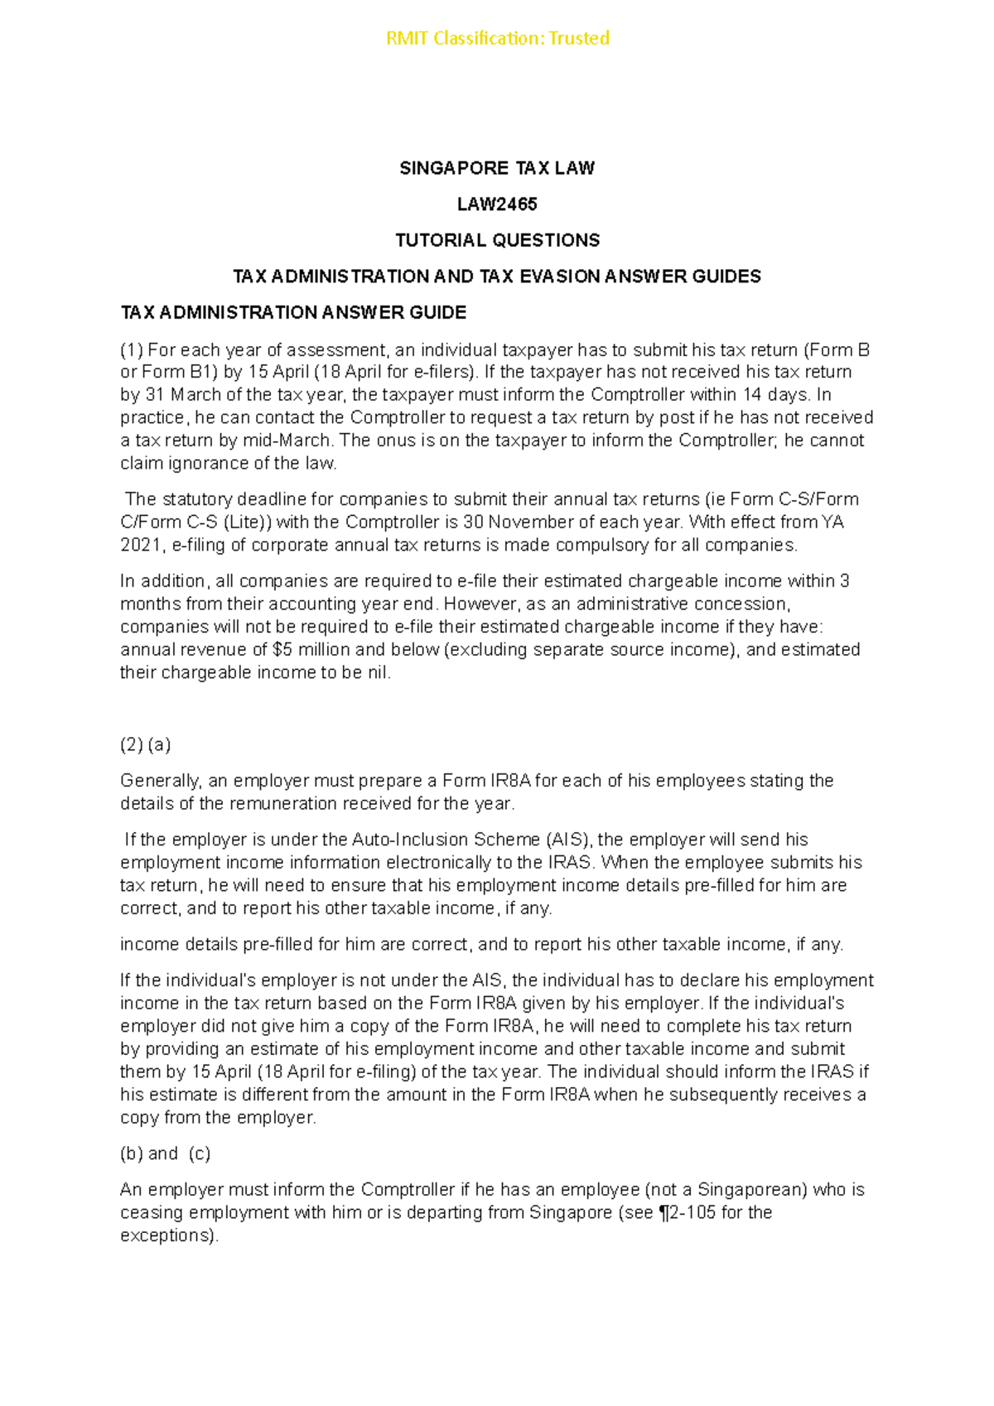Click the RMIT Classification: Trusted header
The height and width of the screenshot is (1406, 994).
(497, 38)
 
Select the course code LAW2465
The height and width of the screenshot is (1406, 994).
(497, 204)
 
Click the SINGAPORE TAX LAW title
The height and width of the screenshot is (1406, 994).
(497, 168)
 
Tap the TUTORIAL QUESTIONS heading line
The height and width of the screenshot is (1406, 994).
(497, 240)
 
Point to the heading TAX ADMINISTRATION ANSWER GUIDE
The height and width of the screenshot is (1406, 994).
(293, 312)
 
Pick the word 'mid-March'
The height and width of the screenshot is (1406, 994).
(291, 441)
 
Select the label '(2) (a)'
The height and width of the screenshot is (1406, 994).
(146, 744)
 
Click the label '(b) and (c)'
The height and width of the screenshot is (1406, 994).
(165, 1153)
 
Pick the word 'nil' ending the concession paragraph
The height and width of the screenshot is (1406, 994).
(376, 672)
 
